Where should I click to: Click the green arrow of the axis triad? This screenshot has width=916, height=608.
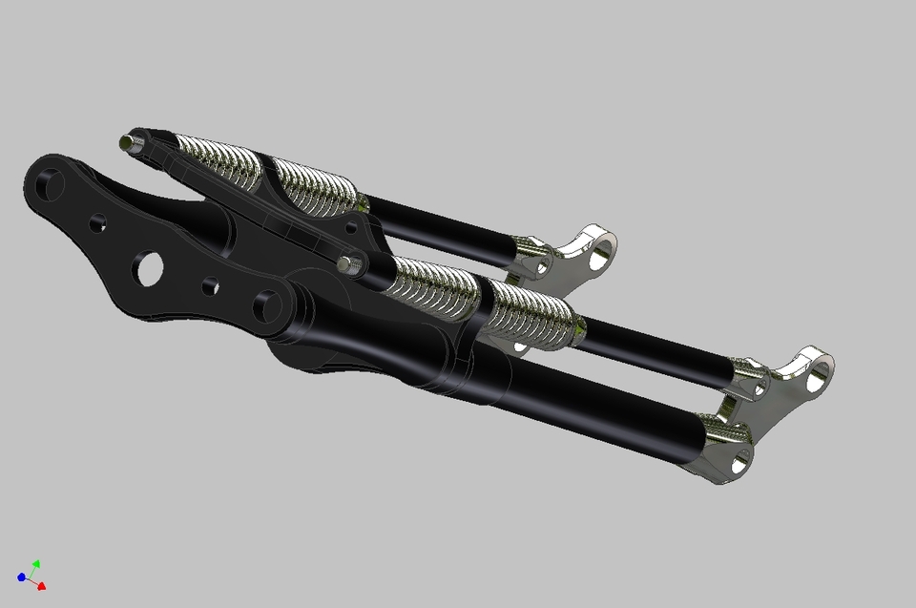tap(35, 564)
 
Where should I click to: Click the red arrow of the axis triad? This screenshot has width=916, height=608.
tap(42, 586)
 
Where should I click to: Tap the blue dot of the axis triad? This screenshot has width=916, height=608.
tap(21, 577)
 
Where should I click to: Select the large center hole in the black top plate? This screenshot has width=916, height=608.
tap(148, 268)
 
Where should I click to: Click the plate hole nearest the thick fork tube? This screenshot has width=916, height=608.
tap(265, 307)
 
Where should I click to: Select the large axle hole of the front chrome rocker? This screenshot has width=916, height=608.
tap(819, 377)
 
